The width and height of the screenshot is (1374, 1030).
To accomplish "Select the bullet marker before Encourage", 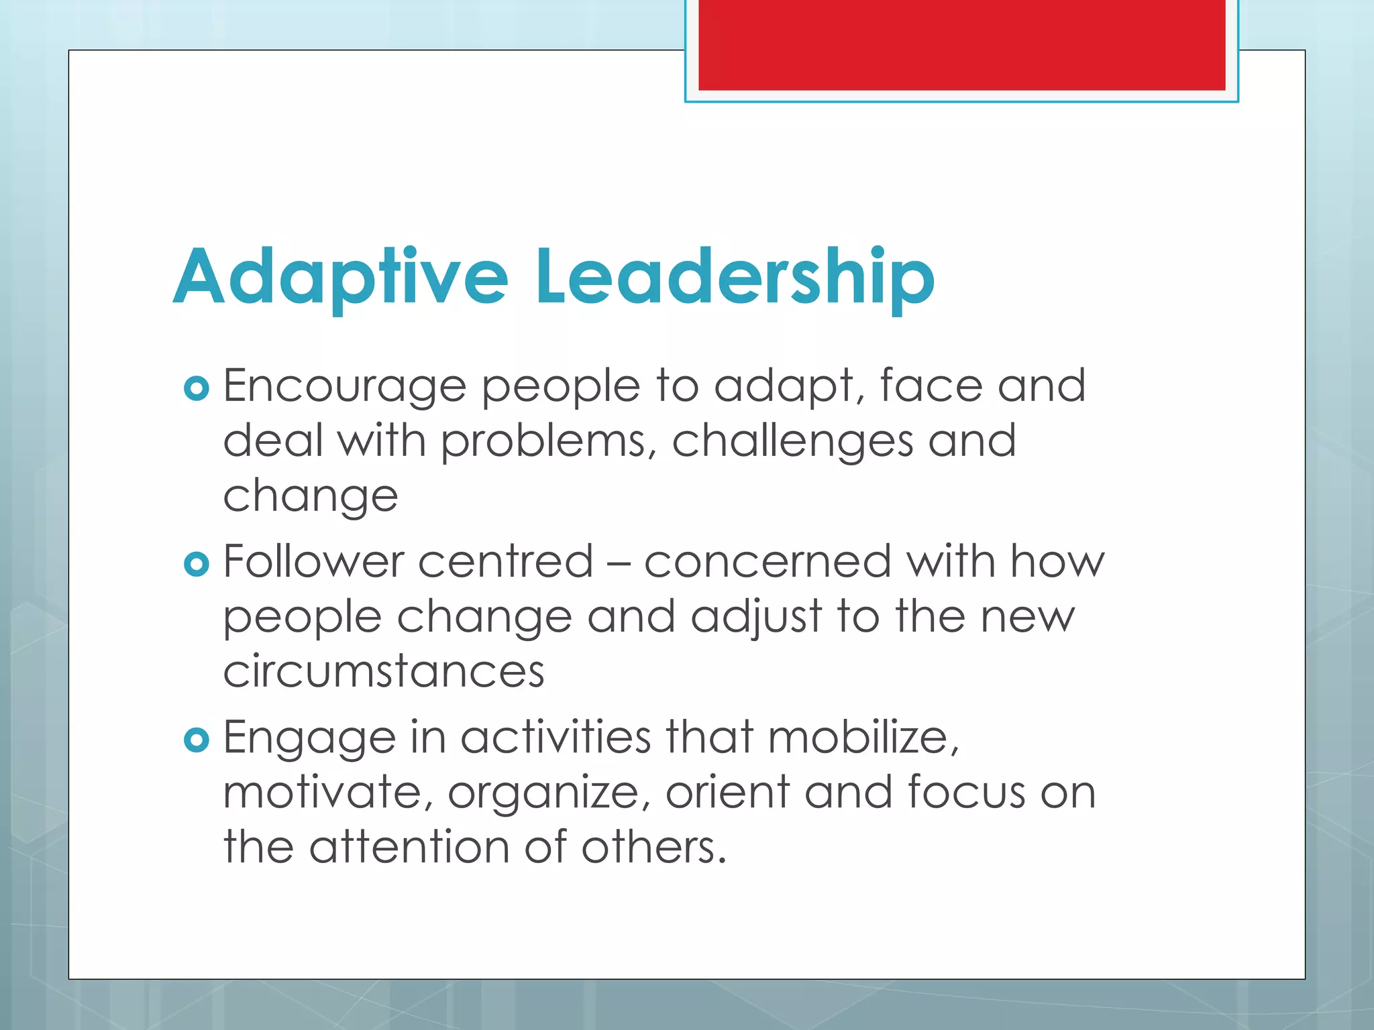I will coord(197,388).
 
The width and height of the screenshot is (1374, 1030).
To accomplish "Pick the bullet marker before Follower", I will coord(197,564).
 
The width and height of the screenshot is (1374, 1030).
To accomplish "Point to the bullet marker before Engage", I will coord(197,740).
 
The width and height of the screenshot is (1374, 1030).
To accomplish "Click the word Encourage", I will coord(344,387).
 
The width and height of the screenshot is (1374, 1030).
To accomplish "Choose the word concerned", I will coord(768,561).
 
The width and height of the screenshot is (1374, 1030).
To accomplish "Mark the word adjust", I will coord(756,618).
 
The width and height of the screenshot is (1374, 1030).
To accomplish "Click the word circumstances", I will coord(384,671).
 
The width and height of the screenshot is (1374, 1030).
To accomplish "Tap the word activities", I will coord(556,737).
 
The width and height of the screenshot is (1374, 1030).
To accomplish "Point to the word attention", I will coord(409,847).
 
